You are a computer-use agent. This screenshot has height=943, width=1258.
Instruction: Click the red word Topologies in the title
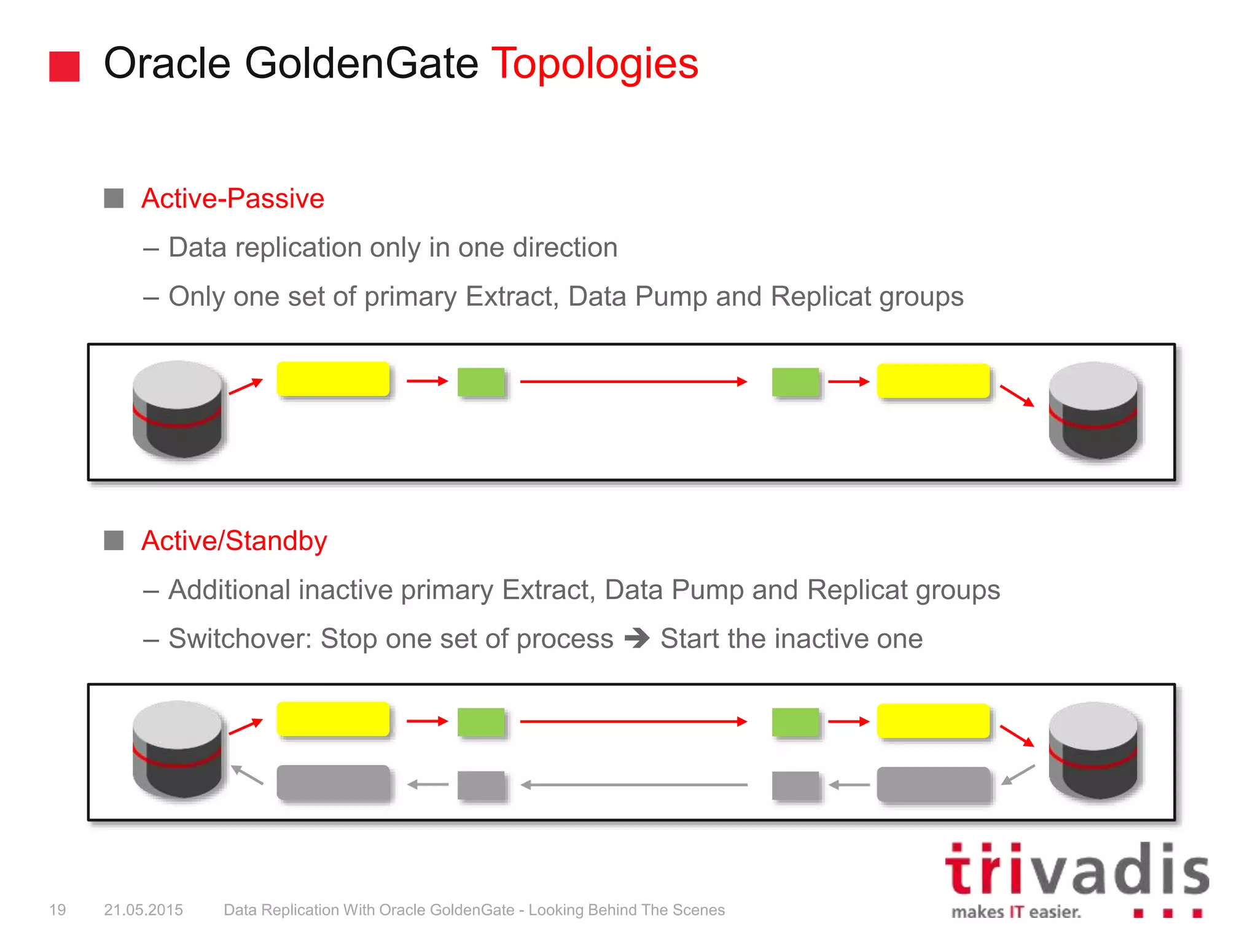point(595,64)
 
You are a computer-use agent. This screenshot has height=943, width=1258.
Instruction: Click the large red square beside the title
point(64,66)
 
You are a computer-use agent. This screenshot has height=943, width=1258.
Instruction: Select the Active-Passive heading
point(232,198)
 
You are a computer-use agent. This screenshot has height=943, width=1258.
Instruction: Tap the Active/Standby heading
point(233,541)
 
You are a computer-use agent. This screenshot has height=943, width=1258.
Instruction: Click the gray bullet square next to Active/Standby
point(114,541)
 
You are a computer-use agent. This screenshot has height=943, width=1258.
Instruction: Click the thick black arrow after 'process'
point(637,638)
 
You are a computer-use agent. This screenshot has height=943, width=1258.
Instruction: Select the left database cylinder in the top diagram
point(178,409)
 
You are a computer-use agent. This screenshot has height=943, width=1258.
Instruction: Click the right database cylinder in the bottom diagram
point(1093,750)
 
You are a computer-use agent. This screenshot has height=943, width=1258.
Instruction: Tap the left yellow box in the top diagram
point(333,379)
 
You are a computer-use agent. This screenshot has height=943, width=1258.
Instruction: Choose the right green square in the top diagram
point(795,382)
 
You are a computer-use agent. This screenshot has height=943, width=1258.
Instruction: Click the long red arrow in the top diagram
point(633,382)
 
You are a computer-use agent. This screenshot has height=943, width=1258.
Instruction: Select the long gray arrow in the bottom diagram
point(634,785)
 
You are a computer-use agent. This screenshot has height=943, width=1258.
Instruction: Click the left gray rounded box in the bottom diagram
point(333,782)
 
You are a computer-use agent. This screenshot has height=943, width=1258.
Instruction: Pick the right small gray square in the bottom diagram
point(795,785)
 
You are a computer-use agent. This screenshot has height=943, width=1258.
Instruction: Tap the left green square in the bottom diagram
point(481,722)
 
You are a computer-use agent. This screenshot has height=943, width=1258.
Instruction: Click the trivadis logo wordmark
point(1076,871)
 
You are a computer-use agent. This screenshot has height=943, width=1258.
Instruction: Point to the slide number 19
point(57,910)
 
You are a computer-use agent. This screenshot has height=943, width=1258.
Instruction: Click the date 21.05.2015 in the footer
point(143,910)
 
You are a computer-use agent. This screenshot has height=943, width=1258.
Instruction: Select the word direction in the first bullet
point(565,247)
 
